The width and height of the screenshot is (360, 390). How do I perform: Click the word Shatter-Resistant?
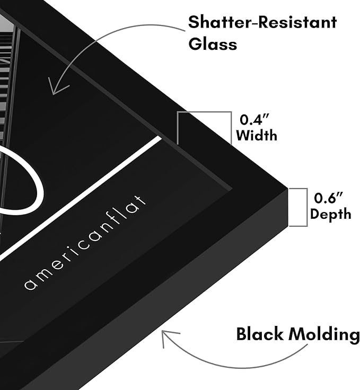(x=262, y=22)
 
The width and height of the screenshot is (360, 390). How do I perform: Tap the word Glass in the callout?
(x=213, y=45)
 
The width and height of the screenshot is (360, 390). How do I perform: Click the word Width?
(x=257, y=136)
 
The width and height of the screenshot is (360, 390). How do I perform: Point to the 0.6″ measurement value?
(x=328, y=198)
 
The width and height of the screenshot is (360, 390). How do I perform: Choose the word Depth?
(x=331, y=215)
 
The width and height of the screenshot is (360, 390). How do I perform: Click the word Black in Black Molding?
(x=260, y=334)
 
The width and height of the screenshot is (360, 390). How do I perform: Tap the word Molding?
(x=324, y=335)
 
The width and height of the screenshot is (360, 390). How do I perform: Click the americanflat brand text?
(x=85, y=243)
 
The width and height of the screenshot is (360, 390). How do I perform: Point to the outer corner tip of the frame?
(x=287, y=188)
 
